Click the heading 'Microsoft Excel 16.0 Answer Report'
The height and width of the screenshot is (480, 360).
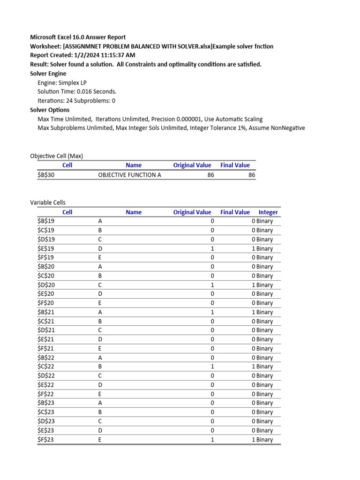pos(78,37)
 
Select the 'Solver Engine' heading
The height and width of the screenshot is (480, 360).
pos(48,74)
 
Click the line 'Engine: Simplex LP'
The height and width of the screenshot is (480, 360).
pos(62,82)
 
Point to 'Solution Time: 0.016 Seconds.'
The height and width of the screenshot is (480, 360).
pos(77,91)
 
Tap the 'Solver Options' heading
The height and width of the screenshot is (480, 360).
pos(50,110)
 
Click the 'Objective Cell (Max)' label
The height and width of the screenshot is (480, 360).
pos(57,156)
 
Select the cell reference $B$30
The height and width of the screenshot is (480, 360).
pos(46,175)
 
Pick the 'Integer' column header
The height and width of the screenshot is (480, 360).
pos(268,212)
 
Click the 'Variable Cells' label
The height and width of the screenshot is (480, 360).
pos(48,202)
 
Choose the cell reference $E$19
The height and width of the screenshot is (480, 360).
pos(46,248)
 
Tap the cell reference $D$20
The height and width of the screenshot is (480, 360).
pos(46,285)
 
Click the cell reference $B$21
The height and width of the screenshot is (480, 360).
pos(46,312)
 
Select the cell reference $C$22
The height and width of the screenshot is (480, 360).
pos(46,367)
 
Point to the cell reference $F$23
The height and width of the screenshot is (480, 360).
pos(46,440)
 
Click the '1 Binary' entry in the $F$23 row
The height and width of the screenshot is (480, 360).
pos(262,440)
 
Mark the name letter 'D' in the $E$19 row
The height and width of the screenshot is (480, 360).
pos(100,248)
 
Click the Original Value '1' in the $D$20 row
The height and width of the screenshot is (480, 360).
pos(212,285)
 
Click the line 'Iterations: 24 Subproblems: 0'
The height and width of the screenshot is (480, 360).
pos(76,101)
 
